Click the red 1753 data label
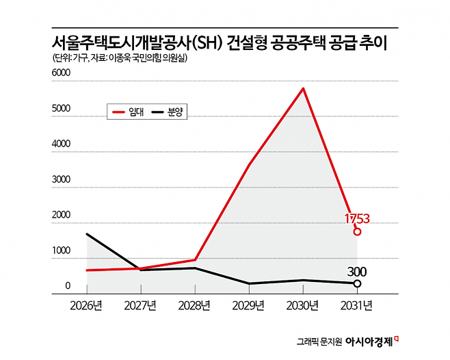(x=356, y=219)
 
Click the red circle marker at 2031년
(x=357, y=231)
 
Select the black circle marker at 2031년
(x=357, y=283)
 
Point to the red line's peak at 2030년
(x=302, y=88)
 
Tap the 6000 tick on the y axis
(x=61, y=73)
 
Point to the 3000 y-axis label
(x=61, y=180)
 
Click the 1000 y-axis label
(x=61, y=251)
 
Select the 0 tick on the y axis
(x=67, y=286)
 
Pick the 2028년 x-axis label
(x=196, y=305)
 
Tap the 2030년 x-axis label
(x=303, y=305)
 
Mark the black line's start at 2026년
(x=88, y=234)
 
